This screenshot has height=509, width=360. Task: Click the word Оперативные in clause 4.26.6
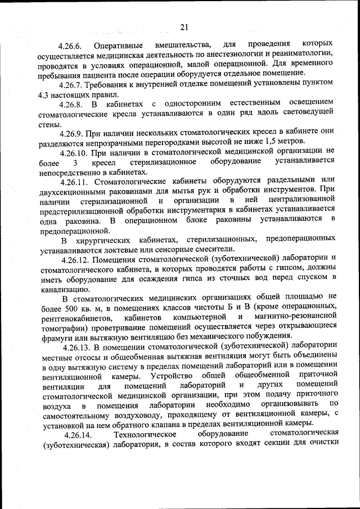(x=118, y=44)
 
